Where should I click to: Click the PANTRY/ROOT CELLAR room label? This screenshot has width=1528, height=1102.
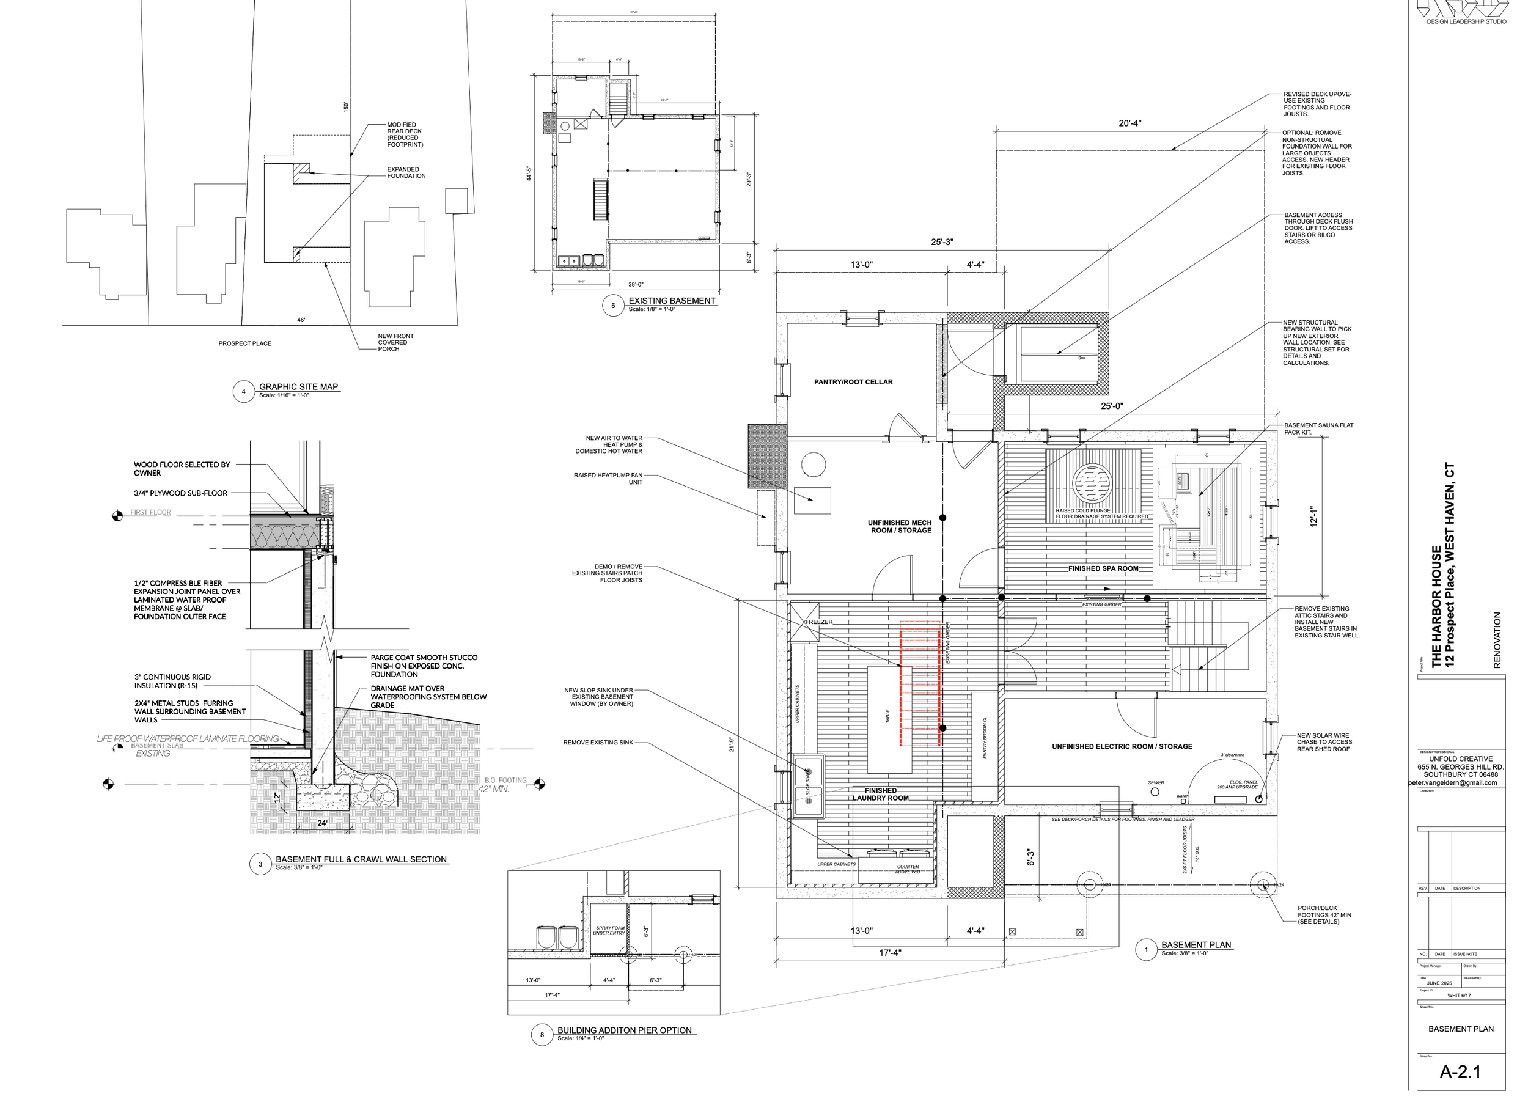click(853, 382)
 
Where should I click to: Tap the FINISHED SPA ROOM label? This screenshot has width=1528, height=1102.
click(1103, 568)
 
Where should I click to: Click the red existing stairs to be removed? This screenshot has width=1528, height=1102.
click(920, 684)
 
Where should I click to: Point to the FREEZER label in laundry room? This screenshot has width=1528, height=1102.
click(818, 622)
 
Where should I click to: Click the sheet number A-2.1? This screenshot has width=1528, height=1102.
click(1460, 1071)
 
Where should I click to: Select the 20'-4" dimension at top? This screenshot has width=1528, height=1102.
click(1130, 123)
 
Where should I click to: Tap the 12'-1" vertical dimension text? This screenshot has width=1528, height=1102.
click(1313, 516)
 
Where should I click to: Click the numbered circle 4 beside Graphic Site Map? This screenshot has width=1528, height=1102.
click(243, 391)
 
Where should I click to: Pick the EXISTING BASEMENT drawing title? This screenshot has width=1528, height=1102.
click(671, 301)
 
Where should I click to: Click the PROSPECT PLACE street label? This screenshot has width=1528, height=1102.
click(244, 343)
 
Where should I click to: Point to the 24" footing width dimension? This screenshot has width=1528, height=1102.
click(323, 823)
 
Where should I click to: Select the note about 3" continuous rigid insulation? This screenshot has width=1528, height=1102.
click(172, 681)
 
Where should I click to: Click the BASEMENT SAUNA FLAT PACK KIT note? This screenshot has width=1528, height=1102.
click(1318, 428)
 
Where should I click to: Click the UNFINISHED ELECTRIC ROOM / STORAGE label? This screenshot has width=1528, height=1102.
click(1122, 746)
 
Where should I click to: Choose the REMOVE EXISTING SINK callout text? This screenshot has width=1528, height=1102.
click(598, 742)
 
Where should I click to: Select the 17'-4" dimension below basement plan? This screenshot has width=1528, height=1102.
click(889, 953)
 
